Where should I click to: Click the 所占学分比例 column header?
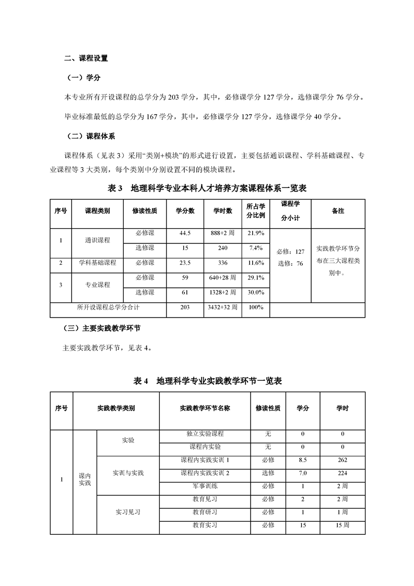point(256,210)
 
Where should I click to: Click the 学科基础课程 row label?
point(98,262)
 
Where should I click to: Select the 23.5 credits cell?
point(185,262)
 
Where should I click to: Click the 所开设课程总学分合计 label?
point(108,307)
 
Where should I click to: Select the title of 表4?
point(208,381)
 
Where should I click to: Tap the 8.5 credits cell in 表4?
point(302,460)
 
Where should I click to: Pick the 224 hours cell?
point(342,473)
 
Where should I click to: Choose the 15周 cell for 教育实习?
point(342,525)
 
